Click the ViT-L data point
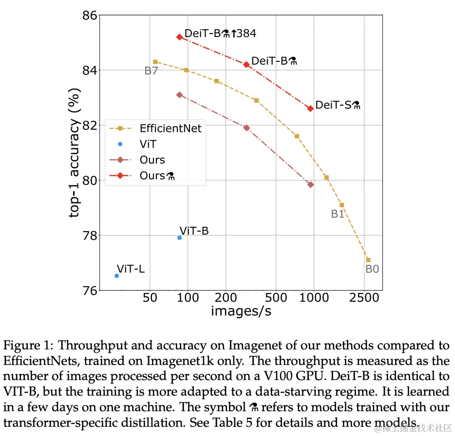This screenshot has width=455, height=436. click(117, 275)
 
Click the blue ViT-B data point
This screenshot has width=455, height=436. click(179, 237)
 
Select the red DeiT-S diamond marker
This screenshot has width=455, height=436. click(310, 108)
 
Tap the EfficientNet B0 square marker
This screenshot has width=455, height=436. click(368, 260)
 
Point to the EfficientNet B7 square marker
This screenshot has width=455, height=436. click(155, 62)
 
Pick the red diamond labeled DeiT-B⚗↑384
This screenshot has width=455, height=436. click(179, 37)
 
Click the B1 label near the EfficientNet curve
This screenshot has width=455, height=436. click(338, 214)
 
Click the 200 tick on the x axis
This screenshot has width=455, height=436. click(226, 297)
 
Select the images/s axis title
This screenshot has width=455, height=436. click(241, 311)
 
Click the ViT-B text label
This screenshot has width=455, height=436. click(194, 231)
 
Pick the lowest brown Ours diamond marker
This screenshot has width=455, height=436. click(310, 184)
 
